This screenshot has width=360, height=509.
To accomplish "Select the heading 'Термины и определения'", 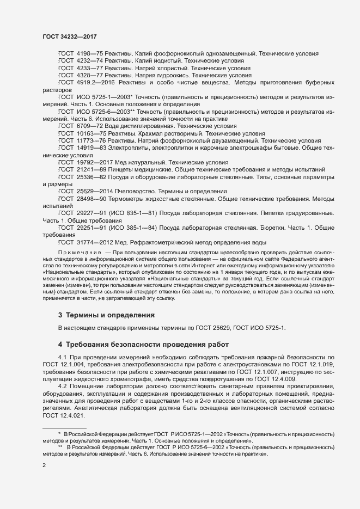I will [x=102, y=315].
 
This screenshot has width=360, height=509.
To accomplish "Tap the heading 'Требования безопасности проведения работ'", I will [x=141, y=344].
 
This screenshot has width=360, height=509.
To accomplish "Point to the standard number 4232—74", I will [x=89, y=62].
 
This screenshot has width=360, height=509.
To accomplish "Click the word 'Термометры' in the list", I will [x=138, y=200].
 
